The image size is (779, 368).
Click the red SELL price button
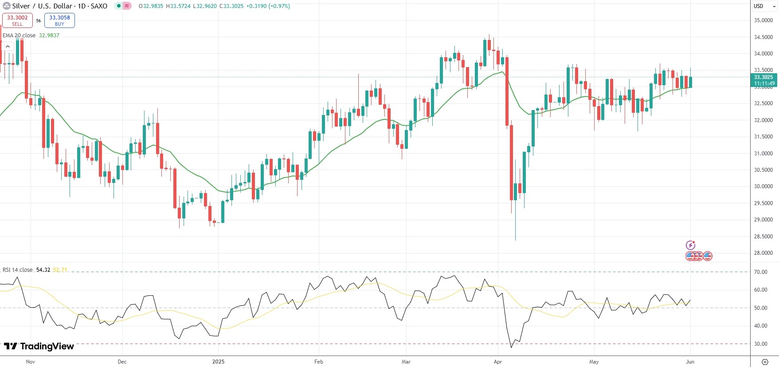click(x=17, y=20)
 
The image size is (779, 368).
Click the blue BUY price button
click(x=59, y=20)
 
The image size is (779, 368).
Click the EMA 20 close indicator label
click(x=19, y=36)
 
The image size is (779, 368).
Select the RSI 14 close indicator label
click(x=18, y=270)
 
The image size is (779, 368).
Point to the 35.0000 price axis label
click(x=763, y=20)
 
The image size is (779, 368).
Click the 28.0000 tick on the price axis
click(x=763, y=253)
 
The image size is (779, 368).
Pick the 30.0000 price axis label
click(x=763, y=186)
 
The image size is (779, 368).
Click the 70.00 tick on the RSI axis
click(x=760, y=272)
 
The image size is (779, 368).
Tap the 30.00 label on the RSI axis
click(x=760, y=344)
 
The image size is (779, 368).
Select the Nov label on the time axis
click(x=30, y=362)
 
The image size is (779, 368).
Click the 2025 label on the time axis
click(x=218, y=362)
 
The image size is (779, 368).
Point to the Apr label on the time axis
click(x=497, y=362)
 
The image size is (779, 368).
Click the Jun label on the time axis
click(x=690, y=362)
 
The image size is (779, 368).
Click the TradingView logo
click(x=39, y=346)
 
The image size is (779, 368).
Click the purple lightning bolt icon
click(x=690, y=245)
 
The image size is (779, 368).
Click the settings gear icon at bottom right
click(x=764, y=362)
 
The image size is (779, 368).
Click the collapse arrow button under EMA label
click(x=8, y=46)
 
